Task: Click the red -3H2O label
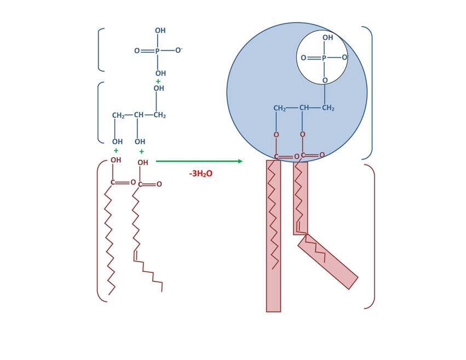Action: (200, 173)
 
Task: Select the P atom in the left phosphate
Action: (158, 51)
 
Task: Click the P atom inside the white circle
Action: (324, 57)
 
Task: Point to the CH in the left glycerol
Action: (139, 115)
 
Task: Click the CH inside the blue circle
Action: (304, 108)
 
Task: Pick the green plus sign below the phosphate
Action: (158, 82)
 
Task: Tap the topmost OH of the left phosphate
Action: (160, 31)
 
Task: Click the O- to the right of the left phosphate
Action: (179, 50)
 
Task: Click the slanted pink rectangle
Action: (328, 262)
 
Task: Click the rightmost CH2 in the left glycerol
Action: (159, 115)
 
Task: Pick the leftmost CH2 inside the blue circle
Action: (280, 108)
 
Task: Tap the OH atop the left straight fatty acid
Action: (116, 160)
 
